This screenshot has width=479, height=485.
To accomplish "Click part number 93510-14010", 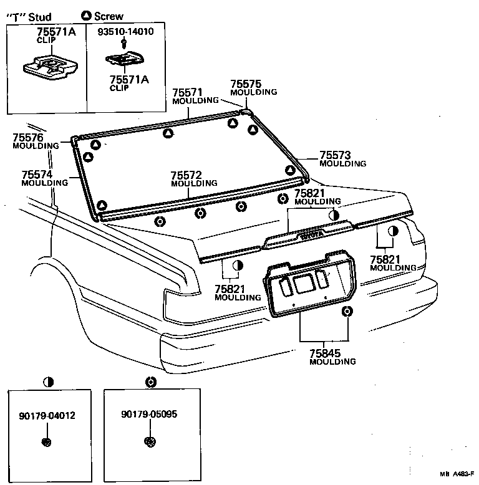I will [125, 31].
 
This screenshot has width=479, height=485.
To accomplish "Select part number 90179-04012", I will [47, 415].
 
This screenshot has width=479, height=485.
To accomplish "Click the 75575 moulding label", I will [246, 84].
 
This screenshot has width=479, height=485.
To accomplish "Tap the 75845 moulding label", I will [324, 353].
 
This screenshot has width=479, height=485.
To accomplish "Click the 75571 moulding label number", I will [188, 92].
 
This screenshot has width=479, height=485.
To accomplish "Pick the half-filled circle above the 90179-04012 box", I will [47, 382].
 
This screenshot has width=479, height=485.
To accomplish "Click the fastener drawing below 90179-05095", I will [149, 442].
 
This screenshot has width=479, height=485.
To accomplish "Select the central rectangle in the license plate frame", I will [304, 284].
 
